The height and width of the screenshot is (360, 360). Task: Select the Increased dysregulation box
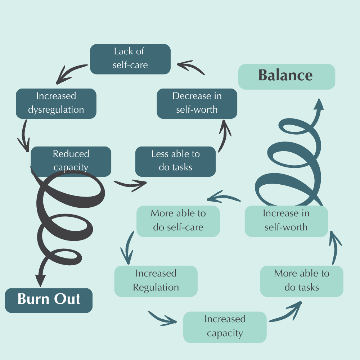coord(56,103)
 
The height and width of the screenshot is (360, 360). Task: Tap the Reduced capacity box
coord(71,161)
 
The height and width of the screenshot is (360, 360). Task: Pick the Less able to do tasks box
coord(175,161)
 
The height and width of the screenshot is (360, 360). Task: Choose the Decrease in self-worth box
coord(197,103)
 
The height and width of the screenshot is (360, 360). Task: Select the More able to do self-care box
coord(178,221)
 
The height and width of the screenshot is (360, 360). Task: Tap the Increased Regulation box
coord(156,281)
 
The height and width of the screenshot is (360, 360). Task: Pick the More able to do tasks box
coord(302,281)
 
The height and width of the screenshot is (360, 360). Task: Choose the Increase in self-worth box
coord(286,221)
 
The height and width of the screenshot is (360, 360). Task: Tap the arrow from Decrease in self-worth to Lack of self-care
coord(191,67)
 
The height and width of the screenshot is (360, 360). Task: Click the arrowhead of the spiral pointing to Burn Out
coord(41,280)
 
